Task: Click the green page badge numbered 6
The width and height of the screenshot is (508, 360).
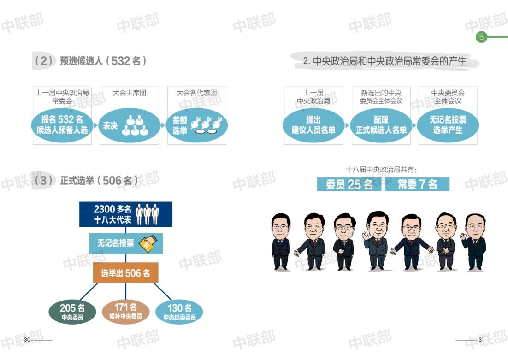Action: [x=481, y=37]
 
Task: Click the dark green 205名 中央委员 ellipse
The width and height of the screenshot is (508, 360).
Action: [x=72, y=312]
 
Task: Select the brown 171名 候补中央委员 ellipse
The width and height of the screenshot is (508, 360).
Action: [x=126, y=312]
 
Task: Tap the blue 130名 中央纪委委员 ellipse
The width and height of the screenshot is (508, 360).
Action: [x=179, y=312]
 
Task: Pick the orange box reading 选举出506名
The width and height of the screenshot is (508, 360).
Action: [x=126, y=273]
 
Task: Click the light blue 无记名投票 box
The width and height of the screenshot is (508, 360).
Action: [x=126, y=243]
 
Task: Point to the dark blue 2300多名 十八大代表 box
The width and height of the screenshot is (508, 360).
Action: [x=126, y=214]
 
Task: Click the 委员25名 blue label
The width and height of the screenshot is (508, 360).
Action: [x=349, y=184]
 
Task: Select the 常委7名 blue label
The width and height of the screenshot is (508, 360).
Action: [x=417, y=184]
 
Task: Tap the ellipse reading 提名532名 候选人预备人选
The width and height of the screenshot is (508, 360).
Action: [x=62, y=125]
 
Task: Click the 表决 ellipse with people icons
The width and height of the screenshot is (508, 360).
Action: [x=129, y=125]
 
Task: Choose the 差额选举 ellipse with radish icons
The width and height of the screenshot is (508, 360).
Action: [x=197, y=125]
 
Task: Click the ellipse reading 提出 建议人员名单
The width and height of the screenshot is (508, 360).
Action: [x=313, y=125]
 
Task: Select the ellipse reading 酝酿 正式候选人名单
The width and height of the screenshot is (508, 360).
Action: [x=381, y=125]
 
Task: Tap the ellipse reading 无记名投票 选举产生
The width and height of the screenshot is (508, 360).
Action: [x=448, y=125]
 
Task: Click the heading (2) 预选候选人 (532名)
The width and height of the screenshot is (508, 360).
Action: [x=90, y=60]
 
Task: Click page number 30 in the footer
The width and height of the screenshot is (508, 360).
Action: [x=27, y=340]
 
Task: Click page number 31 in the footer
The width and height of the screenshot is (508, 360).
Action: [x=481, y=340]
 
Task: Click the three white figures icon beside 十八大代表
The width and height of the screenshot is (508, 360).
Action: [x=147, y=214]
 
